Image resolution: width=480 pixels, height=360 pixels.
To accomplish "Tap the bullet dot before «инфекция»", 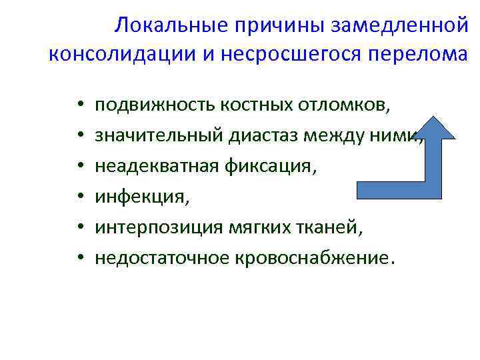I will [78, 197].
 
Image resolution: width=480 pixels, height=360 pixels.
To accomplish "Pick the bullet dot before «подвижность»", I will [78, 105].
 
